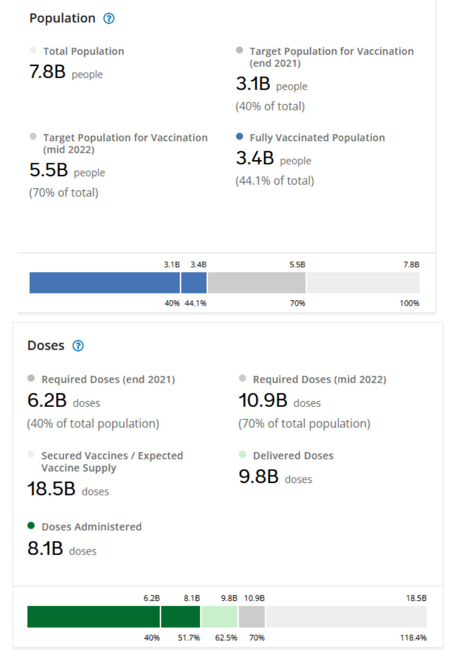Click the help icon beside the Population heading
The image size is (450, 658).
tap(109, 19)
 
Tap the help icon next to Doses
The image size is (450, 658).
tap(78, 346)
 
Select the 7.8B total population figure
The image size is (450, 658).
tap(47, 72)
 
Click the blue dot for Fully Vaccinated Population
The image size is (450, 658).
tap(239, 137)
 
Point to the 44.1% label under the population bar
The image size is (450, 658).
tap(195, 304)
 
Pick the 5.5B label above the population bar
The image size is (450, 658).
tap(297, 264)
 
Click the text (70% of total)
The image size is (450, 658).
tap(64, 193)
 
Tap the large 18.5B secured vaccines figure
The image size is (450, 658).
tap(51, 489)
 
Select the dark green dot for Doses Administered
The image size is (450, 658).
tap(31, 526)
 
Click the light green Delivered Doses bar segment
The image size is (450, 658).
tap(219, 617)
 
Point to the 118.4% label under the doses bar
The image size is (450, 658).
tap(413, 638)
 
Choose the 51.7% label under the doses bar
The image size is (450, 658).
tap(189, 638)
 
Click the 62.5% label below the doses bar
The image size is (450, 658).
tap(226, 638)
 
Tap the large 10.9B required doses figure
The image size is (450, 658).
tap(263, 401)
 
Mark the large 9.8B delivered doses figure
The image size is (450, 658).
tap(258, 477)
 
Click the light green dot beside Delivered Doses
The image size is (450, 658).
tap(243, 455)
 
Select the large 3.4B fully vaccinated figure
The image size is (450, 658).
tap(255, 158)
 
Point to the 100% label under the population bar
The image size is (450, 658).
tap(409, 304)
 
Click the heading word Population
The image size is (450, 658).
tap(62, 19)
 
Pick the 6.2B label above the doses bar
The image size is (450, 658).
tap(152, 598)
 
